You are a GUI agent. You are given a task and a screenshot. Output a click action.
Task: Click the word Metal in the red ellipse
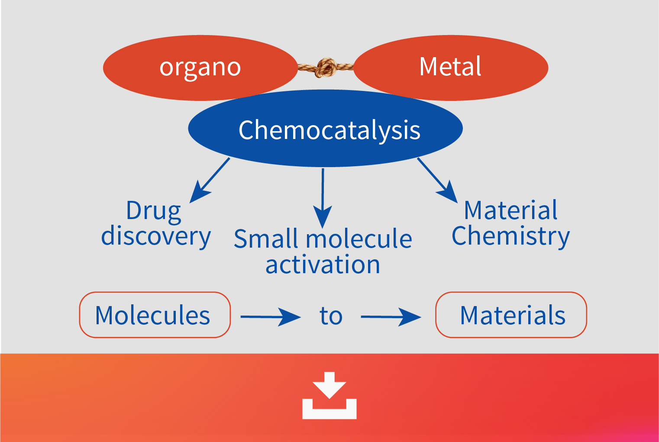[450, 67]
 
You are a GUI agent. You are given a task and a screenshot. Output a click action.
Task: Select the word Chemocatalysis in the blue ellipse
[329, 130]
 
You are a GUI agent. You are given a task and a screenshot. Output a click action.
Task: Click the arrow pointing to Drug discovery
[210, 180]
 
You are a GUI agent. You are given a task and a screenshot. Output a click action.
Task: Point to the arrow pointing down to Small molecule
[323, 198]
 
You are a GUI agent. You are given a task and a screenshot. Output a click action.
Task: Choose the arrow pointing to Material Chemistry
[437, 180]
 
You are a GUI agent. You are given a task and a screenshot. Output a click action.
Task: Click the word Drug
[153, 211]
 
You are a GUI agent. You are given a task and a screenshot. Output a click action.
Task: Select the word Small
[266, 239]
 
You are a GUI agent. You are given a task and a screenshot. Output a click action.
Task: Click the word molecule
[359, 239]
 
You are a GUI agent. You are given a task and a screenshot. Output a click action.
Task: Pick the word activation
[323, 264]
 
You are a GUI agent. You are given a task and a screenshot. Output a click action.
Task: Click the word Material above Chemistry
[510, 210]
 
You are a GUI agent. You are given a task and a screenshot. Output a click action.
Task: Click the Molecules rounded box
[155, 315]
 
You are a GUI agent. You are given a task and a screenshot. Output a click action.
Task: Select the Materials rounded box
[511, 315]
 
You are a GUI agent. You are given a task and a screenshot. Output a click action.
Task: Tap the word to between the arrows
[331, 316]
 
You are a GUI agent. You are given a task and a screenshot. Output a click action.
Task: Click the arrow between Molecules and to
[271, 317]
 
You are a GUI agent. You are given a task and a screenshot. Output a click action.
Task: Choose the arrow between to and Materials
[391, 317]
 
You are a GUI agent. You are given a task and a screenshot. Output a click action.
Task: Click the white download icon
[329, 395]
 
